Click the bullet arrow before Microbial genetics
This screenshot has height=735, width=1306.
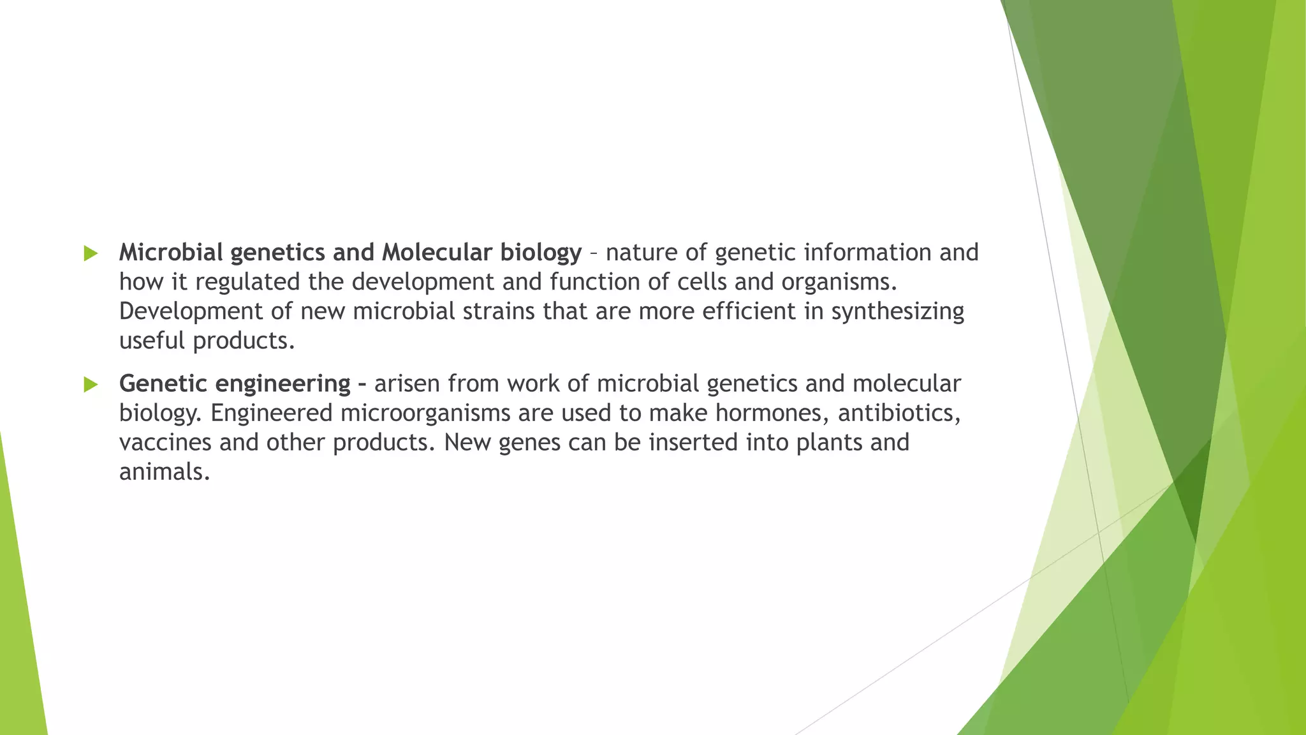pos(91,253)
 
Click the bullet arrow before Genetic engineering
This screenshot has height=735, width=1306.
pos(91,384)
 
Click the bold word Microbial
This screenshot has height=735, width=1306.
pos(171,253)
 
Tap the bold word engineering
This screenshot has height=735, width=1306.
pos(282,384)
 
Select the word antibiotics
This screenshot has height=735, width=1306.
pos(899,413)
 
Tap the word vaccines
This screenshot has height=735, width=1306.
pos(165,443)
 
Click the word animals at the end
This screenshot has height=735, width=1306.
pos(164,472)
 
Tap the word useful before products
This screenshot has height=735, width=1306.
pos(152,341)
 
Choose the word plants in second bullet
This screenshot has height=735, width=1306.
pos(829,443)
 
